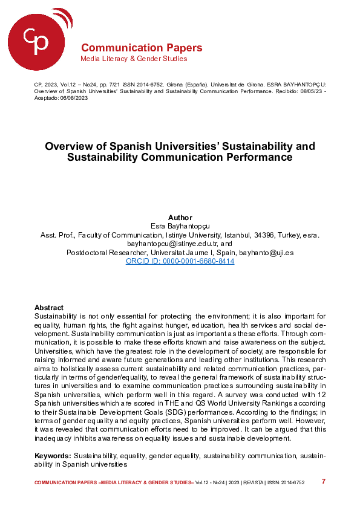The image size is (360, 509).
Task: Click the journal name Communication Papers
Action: tap(142, 48)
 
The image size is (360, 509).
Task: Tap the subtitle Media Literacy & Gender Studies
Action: tap(134, 59)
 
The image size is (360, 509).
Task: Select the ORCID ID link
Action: tap(180, 261)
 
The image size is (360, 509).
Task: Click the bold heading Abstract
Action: tap(49, 308)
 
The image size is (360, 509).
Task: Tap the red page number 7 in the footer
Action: tap(324, 482)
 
